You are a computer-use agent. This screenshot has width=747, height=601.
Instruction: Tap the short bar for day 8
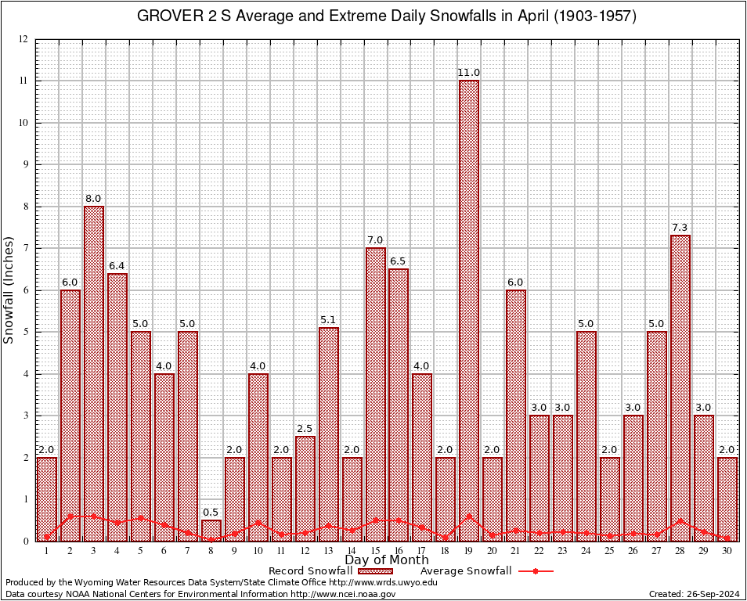[x=211, y=530]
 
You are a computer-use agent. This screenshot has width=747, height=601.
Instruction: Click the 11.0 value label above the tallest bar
[x=469, y=73]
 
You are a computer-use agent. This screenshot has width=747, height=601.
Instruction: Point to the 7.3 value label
[x=680, y=228]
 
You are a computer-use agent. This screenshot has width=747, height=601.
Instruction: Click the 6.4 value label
[x=117, y=266]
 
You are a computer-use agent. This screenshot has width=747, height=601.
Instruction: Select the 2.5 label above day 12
[x=305, y=429]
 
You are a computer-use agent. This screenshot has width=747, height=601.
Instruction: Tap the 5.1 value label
[x=328, y=320]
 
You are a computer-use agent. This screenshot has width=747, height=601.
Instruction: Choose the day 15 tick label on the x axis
[x=375, y=551]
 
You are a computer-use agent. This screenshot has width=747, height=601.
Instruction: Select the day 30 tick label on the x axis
[x=727, y=551]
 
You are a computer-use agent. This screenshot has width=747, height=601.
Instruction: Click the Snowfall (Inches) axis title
[x=9, y=290]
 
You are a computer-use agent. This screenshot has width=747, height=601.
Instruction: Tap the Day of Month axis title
[x=386, y=560]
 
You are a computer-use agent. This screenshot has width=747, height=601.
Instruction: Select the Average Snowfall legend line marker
[x=535, y=571]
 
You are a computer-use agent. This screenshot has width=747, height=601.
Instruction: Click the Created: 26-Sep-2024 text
[x=695, y=595]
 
